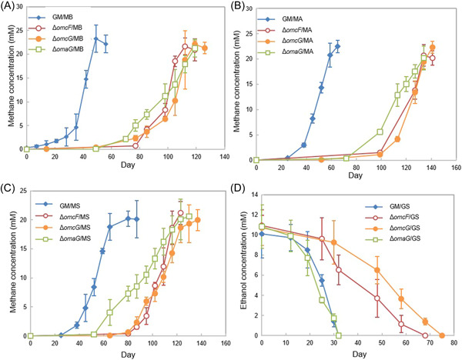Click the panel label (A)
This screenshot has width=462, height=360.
point(10,7)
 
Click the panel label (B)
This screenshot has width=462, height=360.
point(244,7)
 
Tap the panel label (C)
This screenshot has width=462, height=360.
point(10,185)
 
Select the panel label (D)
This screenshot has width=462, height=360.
point(244,185)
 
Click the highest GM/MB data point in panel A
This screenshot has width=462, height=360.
point(95,39)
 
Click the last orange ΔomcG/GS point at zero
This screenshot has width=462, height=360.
point(442,335)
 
